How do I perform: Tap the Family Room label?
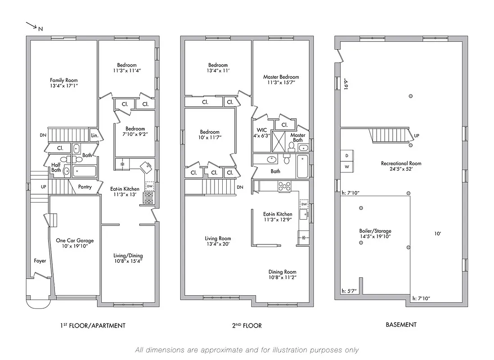click(x=63, y=81)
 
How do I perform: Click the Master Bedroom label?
click(x=281, y=77)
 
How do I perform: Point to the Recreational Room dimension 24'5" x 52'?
click(x=401, y=170)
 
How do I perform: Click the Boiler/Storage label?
click(x=375, y=230)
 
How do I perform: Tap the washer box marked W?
click(x=347, y=166)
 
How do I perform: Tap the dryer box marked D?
click(x=347, y=155)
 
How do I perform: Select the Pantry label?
click(x=85, y=186)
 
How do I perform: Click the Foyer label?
click(x=40, y=261)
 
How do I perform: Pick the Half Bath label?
click(x=56, y=167)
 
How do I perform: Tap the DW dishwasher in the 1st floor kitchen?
click(x=150, y=185)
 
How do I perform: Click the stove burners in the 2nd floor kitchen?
click(x=284, y=186)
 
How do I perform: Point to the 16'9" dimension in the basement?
click(x=346, y=85)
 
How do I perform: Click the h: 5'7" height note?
click(x=349, y=291)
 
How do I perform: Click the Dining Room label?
click(x=282, y=272)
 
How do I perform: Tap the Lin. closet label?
click(x=94, y=135)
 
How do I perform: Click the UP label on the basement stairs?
click(x=416, y=135)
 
